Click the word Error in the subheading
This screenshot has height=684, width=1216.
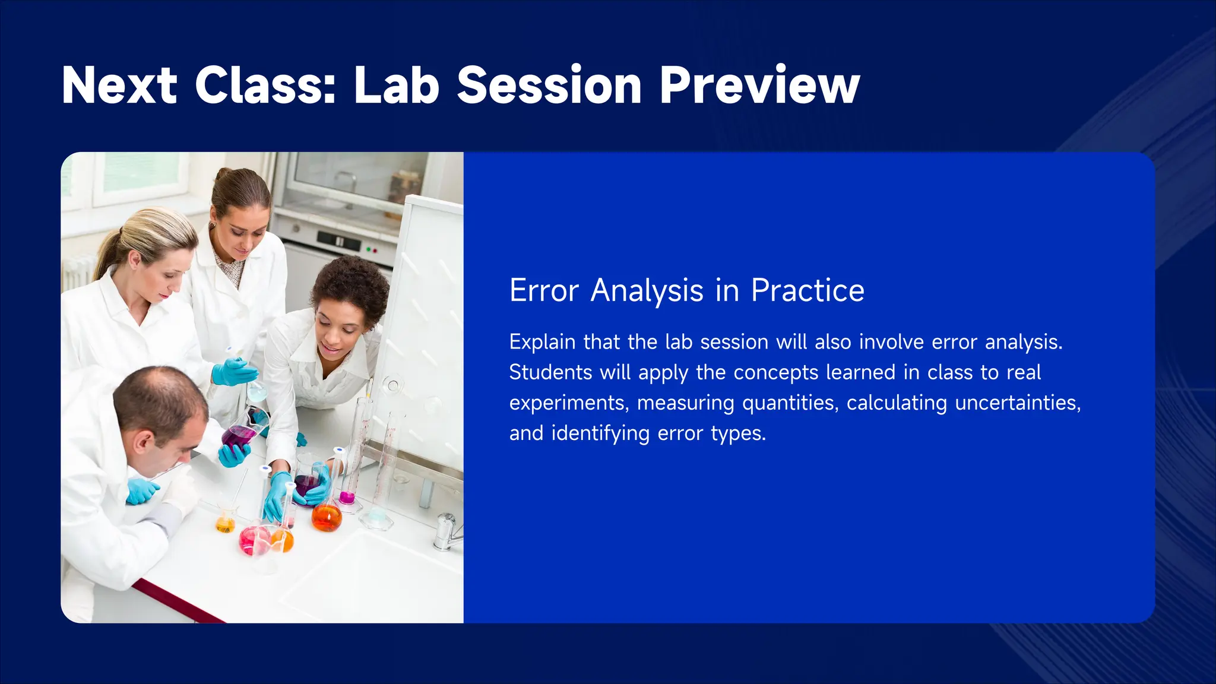pyautogui.click(x=544, y=291)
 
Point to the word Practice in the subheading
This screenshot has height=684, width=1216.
pyautogui.click(x=807, y=291)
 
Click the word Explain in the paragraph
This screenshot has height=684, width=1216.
pyautogui.click(x=542, y=343)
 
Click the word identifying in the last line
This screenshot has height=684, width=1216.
pyautogui.click(x=600, y=433)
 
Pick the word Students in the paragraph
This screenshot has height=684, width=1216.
pyautogui.click(x=550, y=373)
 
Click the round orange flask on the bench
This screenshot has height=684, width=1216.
pyautogui.click(x=327, y=517)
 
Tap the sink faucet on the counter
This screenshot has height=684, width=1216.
pyautogui.click(x=445, y=531)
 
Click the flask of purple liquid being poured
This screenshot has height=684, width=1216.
pyautogui.click(x=239, y=435)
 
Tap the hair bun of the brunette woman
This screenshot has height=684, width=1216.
pyautogui.click(x=223, y=175)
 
